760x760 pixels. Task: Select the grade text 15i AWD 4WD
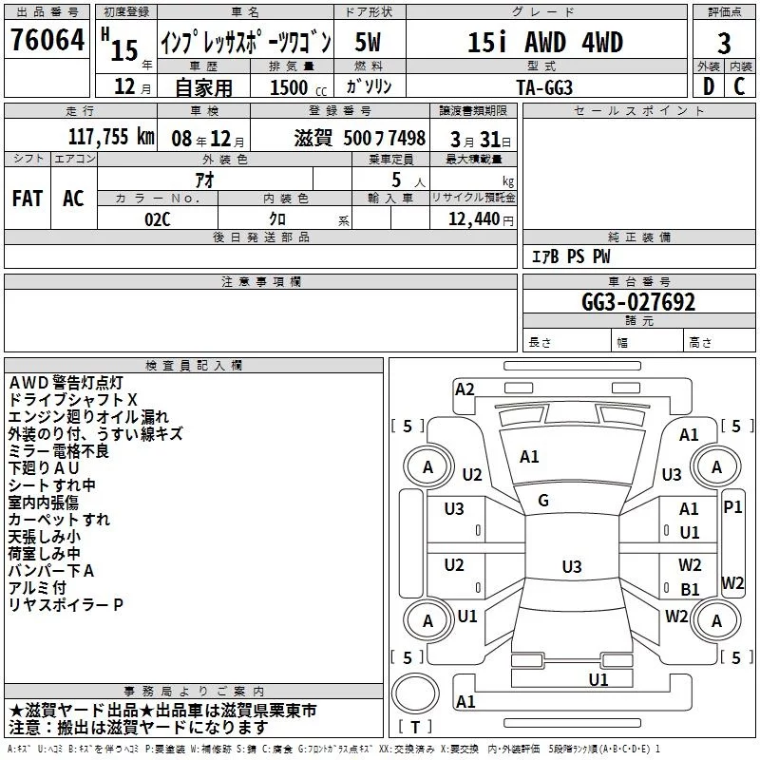[545, 43]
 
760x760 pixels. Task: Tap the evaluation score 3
[724, 43]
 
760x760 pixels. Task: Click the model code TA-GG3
[544, 87]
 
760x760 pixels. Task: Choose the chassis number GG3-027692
[638, 302]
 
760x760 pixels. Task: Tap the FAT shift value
[28, 199]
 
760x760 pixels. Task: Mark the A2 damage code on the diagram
[465, 389]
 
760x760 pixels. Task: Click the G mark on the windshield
[543, 501]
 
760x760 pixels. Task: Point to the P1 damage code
[732, 507]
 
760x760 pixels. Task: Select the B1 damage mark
[690, 590]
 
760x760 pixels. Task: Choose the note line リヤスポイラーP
[66, 604]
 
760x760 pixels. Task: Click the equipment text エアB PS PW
[570, 256]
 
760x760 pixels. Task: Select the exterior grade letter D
[708, 86]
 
